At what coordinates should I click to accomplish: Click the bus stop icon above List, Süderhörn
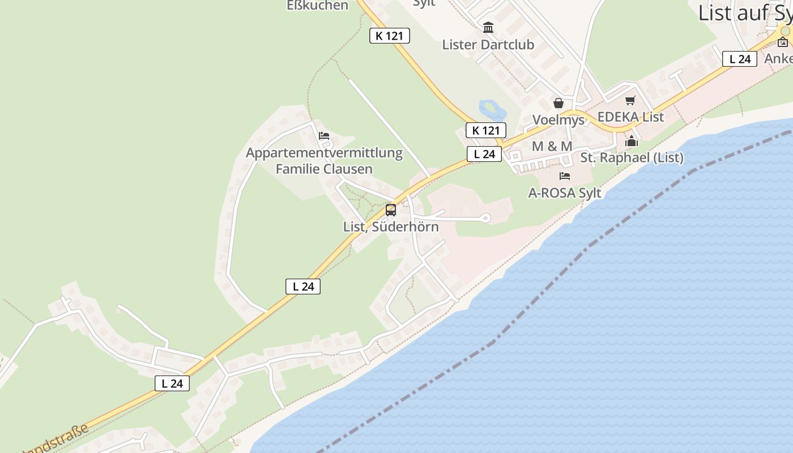(391, 210)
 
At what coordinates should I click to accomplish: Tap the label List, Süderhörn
(391, 226)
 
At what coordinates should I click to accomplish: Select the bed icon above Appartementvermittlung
(324, 136)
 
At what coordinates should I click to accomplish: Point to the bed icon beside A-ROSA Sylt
(565, 176)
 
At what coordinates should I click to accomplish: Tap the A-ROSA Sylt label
(565, 193)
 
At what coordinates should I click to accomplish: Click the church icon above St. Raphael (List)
(632, 141)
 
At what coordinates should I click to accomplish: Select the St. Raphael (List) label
(632, 157)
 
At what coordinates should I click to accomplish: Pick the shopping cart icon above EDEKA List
(630, 101)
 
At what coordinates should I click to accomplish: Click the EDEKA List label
(630, 117)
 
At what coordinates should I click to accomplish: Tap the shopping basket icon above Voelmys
(558, 103)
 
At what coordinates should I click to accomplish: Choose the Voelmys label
(558, 120)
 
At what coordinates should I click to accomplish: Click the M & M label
(552, 146)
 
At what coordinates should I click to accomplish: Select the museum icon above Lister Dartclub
(488, 27)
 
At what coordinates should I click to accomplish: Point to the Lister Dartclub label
(488, 44)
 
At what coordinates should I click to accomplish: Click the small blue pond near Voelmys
(489, 108)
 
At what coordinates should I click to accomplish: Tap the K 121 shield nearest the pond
(485, 130)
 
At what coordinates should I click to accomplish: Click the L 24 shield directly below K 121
(484, 154)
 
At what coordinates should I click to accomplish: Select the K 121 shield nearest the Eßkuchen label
(389, 36)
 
